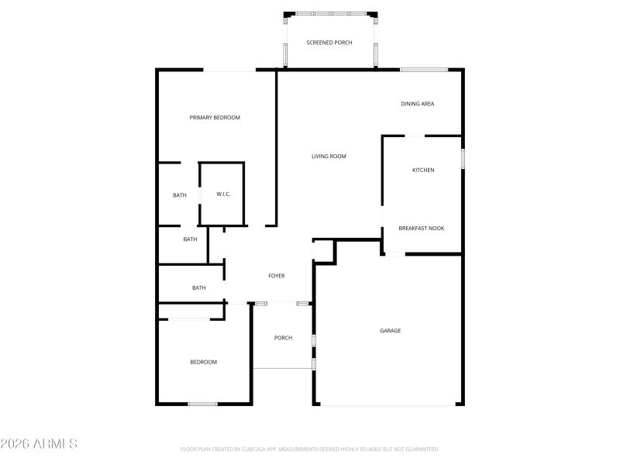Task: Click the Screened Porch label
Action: (329, 43)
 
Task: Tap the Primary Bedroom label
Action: (215, 118)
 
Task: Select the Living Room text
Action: (329, 157)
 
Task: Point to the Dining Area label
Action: (417, 104)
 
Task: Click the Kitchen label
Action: (422, 170)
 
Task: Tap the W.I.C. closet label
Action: (223, 194)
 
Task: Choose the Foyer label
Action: (277, 276)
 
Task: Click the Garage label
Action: (390, 331)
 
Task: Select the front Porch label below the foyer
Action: (283, 338)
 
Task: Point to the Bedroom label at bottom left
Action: (204, 362)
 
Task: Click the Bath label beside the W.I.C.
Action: (180, 195)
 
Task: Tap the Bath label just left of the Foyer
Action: (199, 288)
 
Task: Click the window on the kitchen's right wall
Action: (463, 158)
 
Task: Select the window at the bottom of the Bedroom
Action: (202, 403)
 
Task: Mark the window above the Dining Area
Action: (424, 71)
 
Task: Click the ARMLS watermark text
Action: (39, 444)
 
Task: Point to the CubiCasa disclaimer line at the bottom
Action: (309, 449)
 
